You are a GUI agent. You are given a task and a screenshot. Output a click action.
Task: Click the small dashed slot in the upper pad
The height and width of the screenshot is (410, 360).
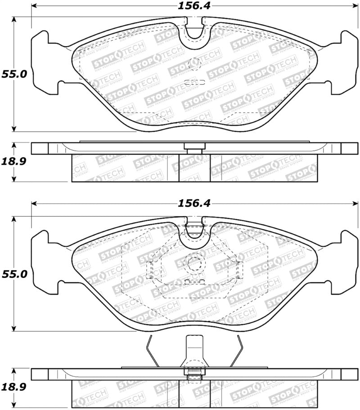[194, 82]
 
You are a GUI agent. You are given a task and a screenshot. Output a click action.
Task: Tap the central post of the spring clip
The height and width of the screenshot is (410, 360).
[194, 349]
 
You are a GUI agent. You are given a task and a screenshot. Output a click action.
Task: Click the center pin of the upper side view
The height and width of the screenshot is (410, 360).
[194, 146]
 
